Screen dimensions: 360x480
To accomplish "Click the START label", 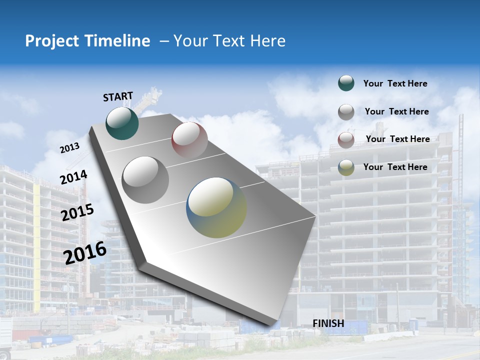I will pyautogui.click(x=118, y=96).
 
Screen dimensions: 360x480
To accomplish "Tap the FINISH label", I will pyautogui.click(x=328, y=323).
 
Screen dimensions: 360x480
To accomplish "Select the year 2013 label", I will pyautogui.click(x=69, y=147).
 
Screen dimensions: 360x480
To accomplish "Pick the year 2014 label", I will pyautogui.click(x=73, y=177).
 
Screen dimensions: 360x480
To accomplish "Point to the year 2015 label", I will pyautogui.click(x=77, y=212).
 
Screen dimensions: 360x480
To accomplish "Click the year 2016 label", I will pyautogui.click(x=85, y=252).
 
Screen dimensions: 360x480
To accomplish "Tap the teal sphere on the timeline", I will pyautogui.click(x=122, y=123).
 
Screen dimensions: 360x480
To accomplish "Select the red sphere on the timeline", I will pyautogui.click(x=189, y=139).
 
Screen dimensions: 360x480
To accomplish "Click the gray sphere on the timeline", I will pyautogui.click(x=145, y=179).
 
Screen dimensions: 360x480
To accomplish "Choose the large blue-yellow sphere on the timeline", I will pyautogui.click(x=216, y=207).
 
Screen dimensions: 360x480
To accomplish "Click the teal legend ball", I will pyautogui.click(x=346, y=83).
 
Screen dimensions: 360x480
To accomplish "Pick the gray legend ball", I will pyautogui.click(x=346, y=112).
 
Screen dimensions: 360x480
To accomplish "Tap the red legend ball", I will pyautogui.click(x=346, y=140).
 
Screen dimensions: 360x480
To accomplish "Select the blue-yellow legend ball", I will pyautogui.click(x=346, y=168).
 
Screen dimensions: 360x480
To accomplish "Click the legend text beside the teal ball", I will pyautogui.click(x=395, y=83).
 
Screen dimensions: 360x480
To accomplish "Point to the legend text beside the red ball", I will pyautogui.click(x=397, y=139).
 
